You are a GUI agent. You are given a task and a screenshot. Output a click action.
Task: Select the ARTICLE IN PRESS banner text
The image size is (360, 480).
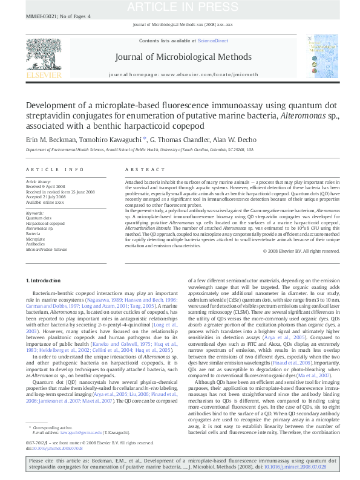(x=180, y=7)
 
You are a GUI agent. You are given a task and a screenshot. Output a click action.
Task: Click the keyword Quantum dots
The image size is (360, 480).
(x=39, y=218)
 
